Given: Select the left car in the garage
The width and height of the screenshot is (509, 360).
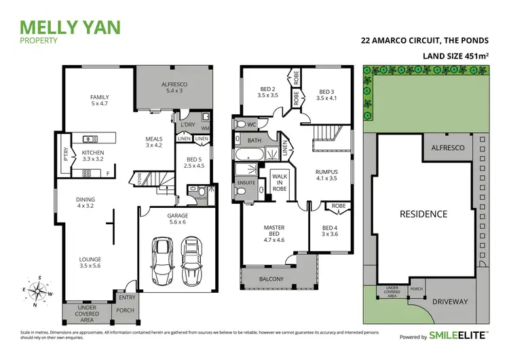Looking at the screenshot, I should (162, 261).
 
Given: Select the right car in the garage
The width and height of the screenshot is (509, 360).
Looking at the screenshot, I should (191, 261).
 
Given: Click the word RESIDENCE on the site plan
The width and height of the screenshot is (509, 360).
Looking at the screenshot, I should (423, 213).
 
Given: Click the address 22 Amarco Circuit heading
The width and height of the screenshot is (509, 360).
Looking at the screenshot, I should (424, 40).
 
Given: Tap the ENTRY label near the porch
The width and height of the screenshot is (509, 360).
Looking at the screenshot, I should (127, 297).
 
